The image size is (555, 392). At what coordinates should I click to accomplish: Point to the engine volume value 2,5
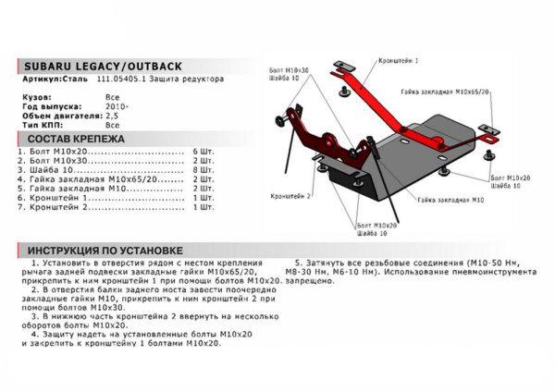(x=111, y=115)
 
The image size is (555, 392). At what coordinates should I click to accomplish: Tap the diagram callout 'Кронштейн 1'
(x=398, y=60)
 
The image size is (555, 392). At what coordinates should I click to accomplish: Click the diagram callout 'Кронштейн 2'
(x=290, y=196)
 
